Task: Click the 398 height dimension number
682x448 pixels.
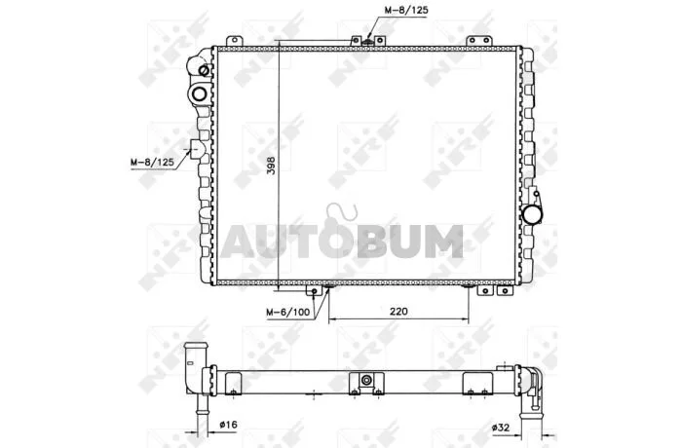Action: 271,166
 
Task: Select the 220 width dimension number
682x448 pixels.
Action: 398,312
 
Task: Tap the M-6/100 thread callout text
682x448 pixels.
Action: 288,312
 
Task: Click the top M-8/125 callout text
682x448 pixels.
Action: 406,10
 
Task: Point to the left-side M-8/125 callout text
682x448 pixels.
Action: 152,163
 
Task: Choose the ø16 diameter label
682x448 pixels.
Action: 229,424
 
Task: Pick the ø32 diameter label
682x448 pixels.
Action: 500,428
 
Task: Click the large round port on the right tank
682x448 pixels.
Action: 532,215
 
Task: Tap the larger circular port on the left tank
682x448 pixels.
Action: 200,93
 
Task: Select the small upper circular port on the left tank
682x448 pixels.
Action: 204,70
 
